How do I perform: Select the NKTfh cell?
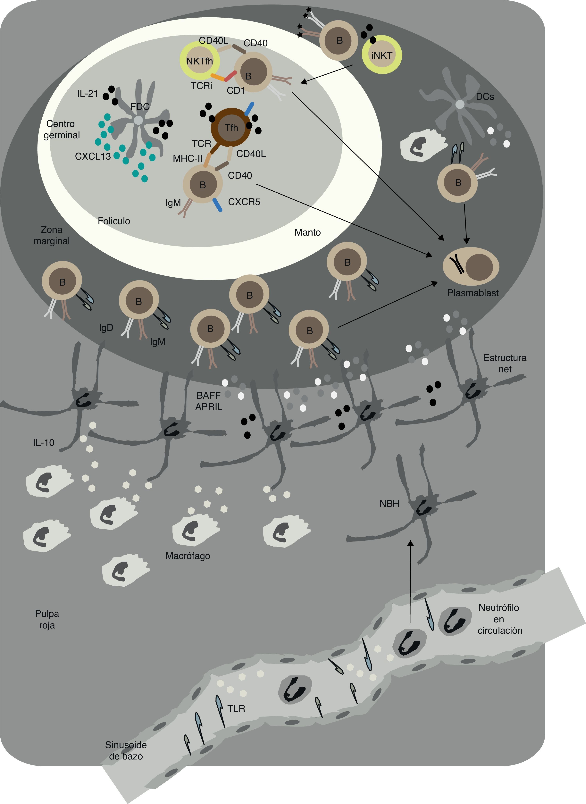click(x=200, y=61)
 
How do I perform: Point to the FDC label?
click(x=140, y=106)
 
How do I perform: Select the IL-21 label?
click(x=87, y=94)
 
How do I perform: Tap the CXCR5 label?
click(x=244, y=202)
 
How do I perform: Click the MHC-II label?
click(x=188, y=159)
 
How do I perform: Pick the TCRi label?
click(x=201, y=86)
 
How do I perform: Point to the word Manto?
click(x=307, y=233)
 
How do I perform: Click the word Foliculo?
click(x=114, y=221)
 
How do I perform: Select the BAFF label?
click(x=209, y=395)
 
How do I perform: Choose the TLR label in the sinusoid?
click(x=236, y=709)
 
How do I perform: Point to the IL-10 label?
click(x=44, y=443)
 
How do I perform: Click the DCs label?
click(x=485, y=97)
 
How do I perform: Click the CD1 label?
click(x=236, y=91)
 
